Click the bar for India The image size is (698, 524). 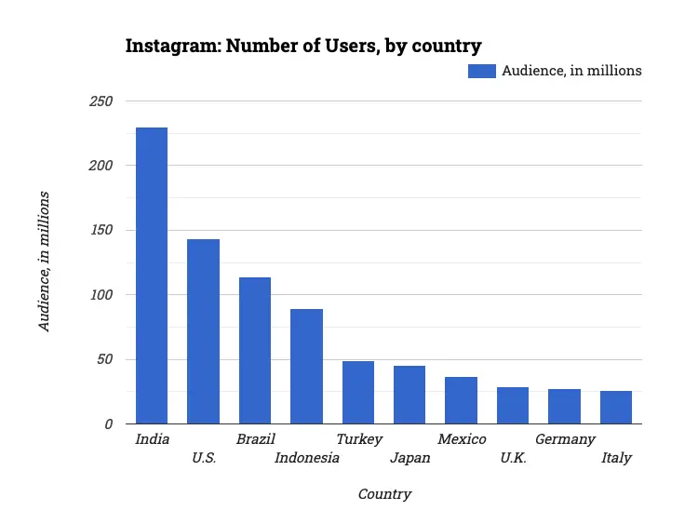point(152,275)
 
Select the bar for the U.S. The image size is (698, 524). point(203,331)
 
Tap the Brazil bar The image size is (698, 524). point(255,350)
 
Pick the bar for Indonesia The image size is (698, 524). point(306,366)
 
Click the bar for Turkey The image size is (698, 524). point(358,392)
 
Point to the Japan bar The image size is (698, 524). point(409,395)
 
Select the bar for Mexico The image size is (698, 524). point(461,400)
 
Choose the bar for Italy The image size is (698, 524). point(616,407)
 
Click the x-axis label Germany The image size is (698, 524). point(565,439)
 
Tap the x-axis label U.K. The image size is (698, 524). point(513,458)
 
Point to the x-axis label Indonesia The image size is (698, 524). point(307,458)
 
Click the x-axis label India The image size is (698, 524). point(153,439)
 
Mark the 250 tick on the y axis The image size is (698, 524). point(101,101)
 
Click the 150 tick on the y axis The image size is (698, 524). point(101,230)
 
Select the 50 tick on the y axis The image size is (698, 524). point(104,359)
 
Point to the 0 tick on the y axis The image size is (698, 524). point(108,424)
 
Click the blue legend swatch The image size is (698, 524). point(482,71)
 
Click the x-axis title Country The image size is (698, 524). point(384,494)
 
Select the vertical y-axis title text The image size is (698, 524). point(44,262)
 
